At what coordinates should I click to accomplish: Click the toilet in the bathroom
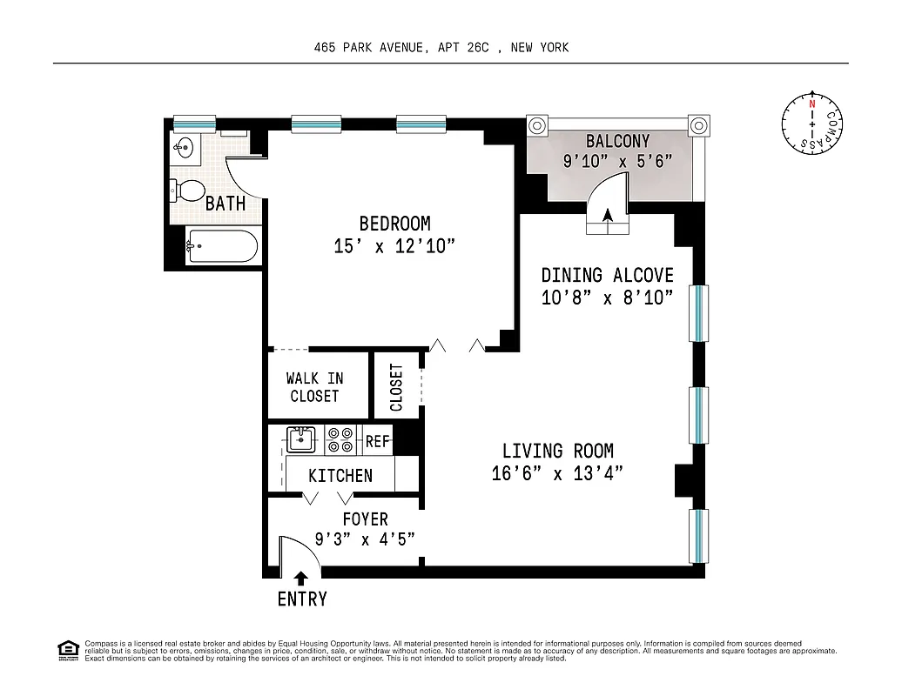[x=188, y=189]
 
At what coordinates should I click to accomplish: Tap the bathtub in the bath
[x=222, y=246]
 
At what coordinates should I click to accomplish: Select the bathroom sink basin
[x=184, y=146]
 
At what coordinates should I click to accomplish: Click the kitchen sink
[x=301, y=439]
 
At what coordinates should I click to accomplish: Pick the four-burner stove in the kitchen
[x=340, y=439]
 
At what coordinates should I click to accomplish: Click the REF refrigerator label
[x=377, y=442]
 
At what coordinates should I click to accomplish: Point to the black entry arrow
[x=301, y=578]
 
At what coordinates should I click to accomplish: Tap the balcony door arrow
[x=608, y=216]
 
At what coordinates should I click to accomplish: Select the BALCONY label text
[x=617, y=141]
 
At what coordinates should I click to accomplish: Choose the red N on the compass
[x=812, y=104]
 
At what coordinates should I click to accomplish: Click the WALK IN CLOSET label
[x=314, y=387]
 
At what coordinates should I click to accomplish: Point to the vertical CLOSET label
[x=397, y=387]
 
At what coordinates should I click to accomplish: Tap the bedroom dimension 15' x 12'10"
[x=394, y=247]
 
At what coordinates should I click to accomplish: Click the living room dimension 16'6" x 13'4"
[x=557, y=473]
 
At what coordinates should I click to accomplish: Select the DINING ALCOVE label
[x=607, y=275]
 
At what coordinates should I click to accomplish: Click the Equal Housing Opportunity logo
[x=67, y=649]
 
